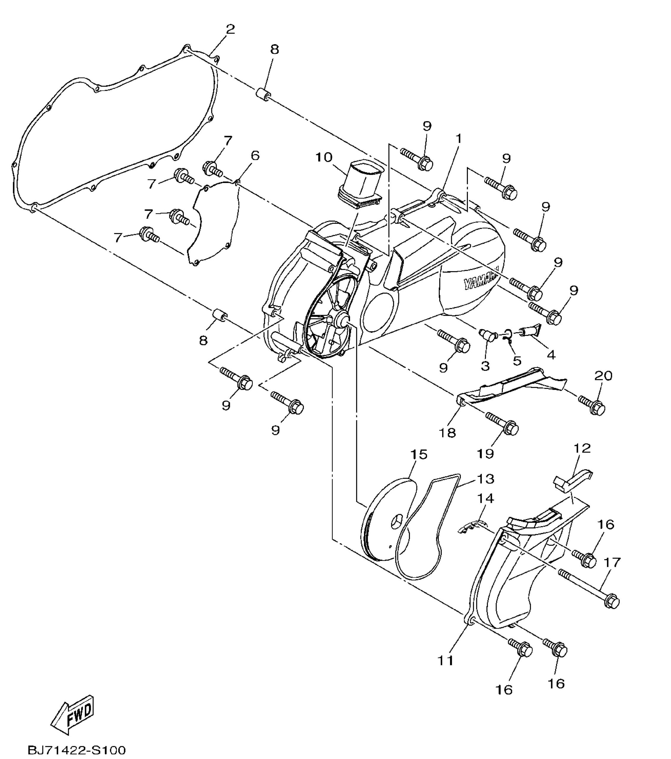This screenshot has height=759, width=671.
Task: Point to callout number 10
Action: pyautogui.click(x=324, y=157)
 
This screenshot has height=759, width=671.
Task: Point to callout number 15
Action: pyautogui.click(x=419, y=455)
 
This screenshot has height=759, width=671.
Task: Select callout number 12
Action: pyautogui.click(x=582, y=448)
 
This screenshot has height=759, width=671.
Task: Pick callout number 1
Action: pyautogui.click(x=459, y=139)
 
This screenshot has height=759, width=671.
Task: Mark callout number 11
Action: pyautogui.click(x=446, y=660)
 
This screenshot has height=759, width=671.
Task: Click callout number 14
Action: pyautogui.click(x=485, y=498)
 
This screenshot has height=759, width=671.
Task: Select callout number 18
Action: pyautogui.click(x=447, y=433)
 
